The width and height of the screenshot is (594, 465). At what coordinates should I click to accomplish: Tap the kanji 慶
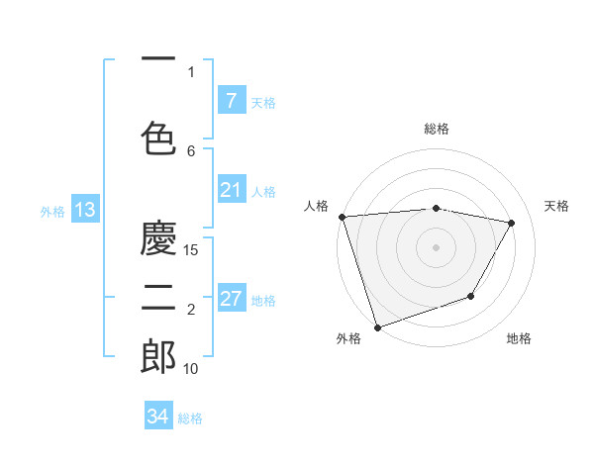[158, 237]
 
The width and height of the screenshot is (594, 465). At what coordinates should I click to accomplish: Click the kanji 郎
[158, 357]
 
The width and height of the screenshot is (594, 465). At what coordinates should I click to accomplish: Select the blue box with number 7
[231, 100]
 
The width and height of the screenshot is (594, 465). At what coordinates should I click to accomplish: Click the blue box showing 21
[231, 190]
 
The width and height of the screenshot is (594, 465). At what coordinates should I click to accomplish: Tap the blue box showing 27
[231, 299]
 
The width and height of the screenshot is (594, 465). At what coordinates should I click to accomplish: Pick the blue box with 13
[84, 210]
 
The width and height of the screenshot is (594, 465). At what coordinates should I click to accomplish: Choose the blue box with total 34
[157, 417]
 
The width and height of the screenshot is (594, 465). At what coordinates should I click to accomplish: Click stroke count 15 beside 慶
[192, 250]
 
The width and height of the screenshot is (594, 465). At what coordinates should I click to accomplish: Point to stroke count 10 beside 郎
[192, 369]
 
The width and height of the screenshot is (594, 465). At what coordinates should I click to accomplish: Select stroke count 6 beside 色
[191, 150]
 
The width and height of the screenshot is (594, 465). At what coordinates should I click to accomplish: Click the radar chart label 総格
[437, 129]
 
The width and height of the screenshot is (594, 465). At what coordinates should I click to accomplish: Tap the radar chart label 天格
[557, 206]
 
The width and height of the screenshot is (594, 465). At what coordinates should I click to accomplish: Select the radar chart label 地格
[519, 338]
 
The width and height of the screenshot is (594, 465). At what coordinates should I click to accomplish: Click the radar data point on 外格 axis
[377, 326]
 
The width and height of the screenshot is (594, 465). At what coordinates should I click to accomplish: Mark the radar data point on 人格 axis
[342, 217]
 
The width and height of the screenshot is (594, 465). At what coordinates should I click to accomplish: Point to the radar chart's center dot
[436, 246]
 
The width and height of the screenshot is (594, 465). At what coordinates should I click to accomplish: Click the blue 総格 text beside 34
[190, 418]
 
